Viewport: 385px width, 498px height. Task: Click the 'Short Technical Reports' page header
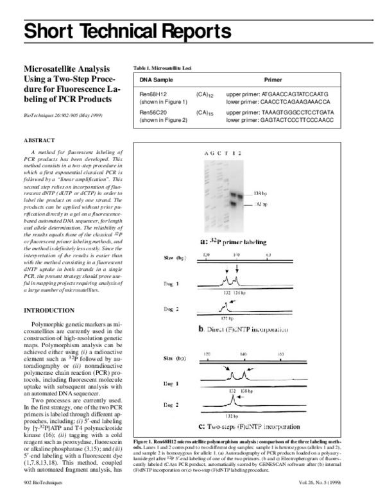click(127, 30)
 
